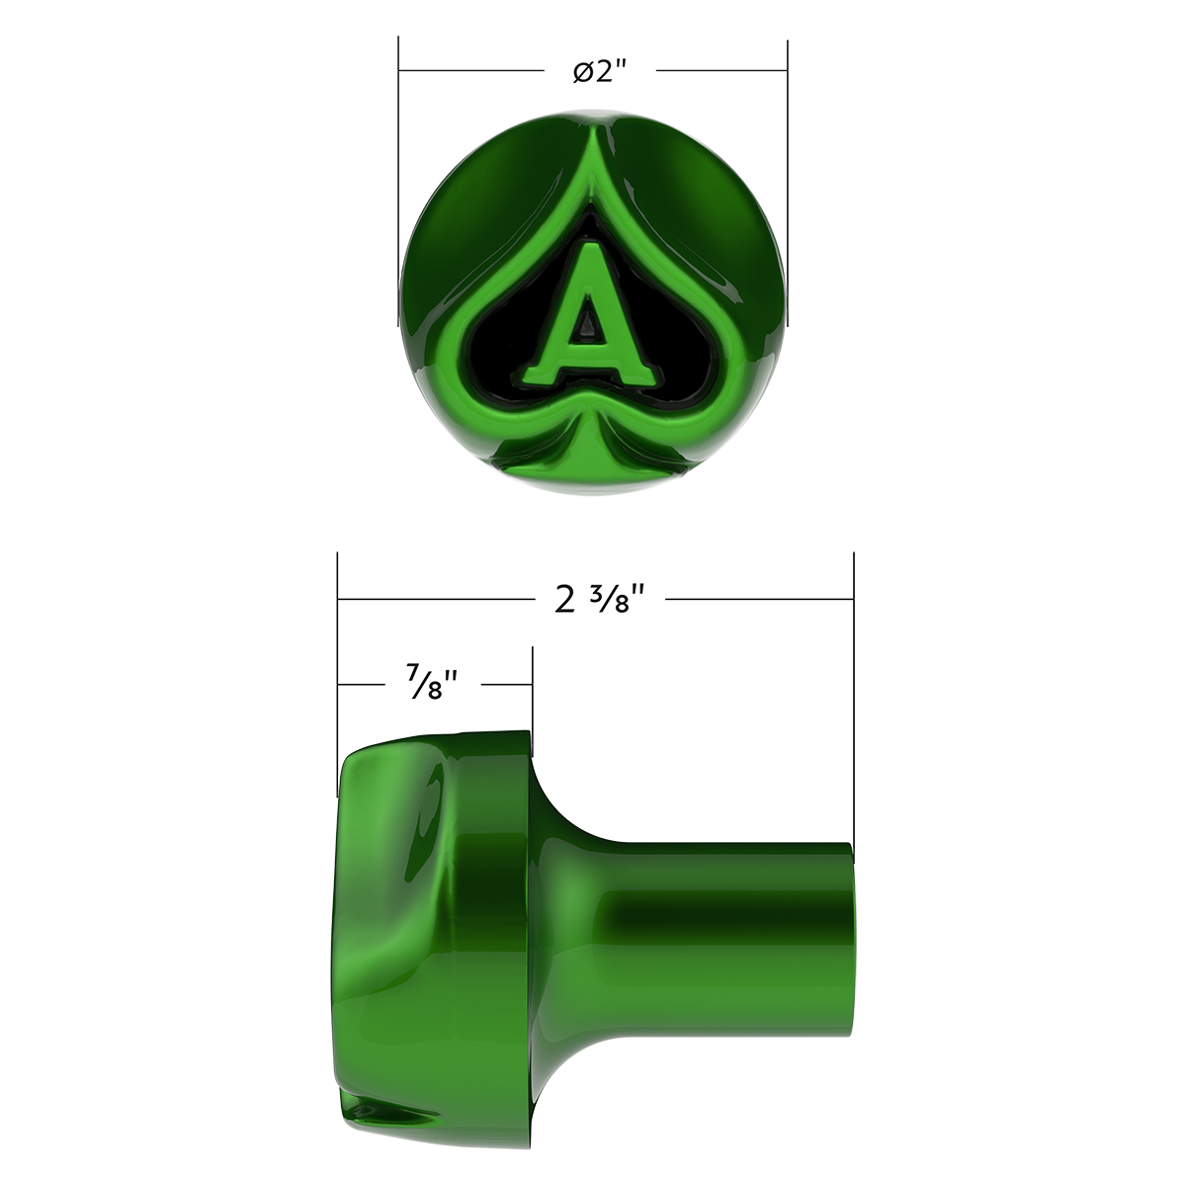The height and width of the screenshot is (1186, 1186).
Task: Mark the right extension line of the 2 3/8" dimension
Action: click(x=853, y=692)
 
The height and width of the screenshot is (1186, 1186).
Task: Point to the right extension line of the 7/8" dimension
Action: click(x=533, y=692)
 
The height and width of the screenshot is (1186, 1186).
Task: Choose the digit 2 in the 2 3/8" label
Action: click(x=564, y=600)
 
